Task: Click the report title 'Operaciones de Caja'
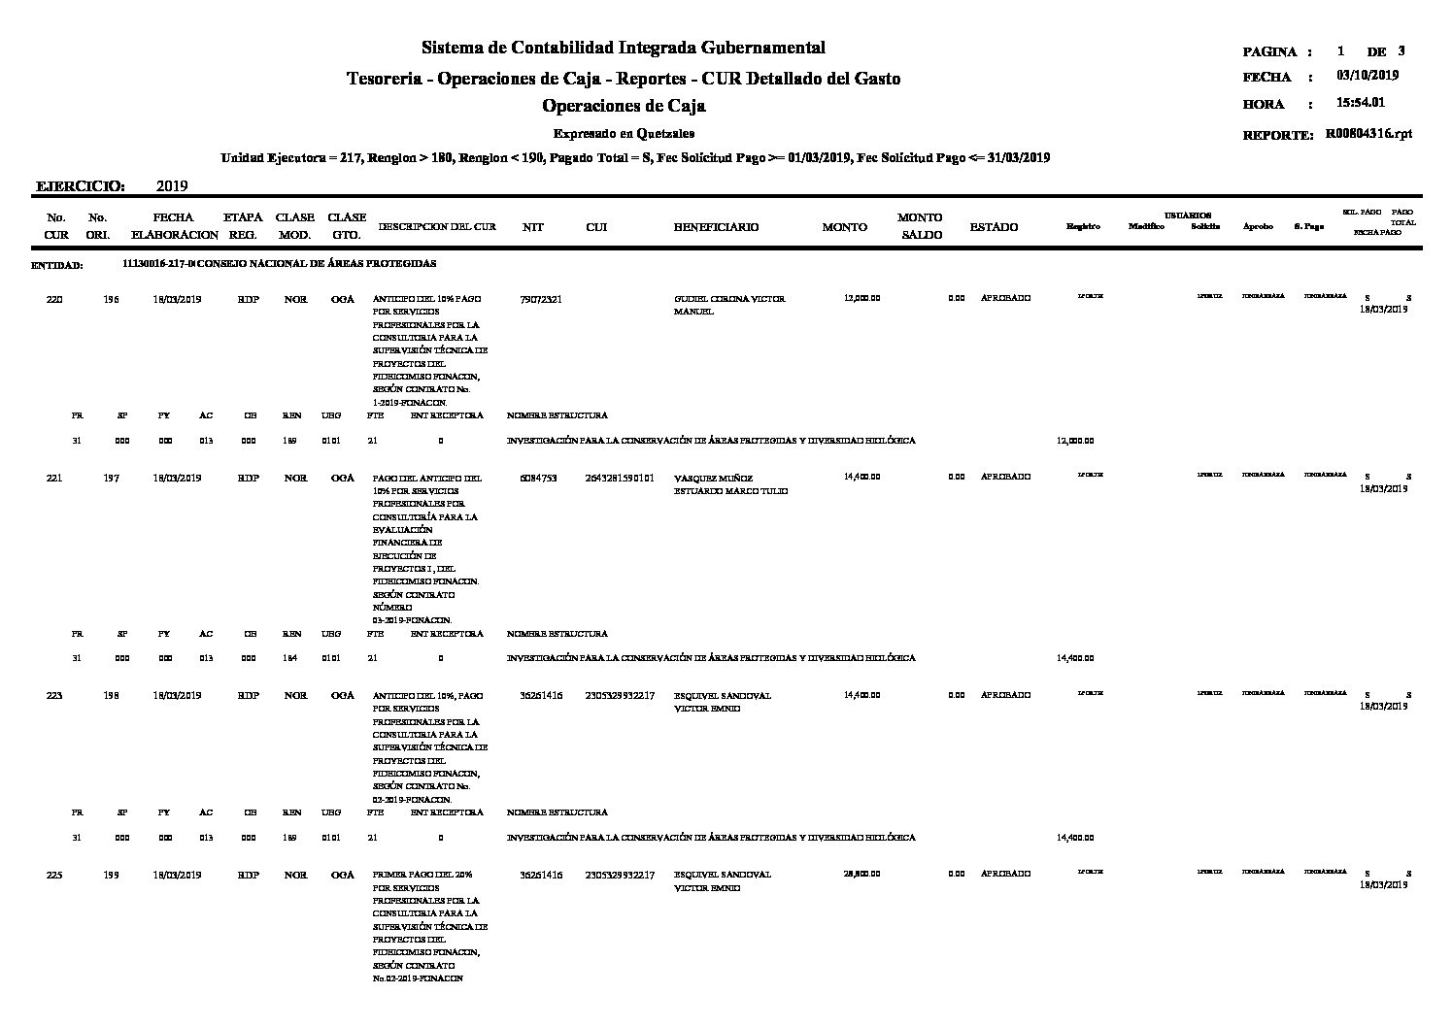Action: (x=624, y=106)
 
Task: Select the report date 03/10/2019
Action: (x=1368, y=76)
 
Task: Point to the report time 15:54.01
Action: (x=1361, y=103)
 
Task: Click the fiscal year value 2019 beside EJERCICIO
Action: (x=171, y=186)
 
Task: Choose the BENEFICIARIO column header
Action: (x=716, y=227)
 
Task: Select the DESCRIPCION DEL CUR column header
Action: (x=437, y=227)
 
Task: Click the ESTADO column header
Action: (x=994, y=227)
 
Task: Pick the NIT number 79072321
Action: (x=540, y=299)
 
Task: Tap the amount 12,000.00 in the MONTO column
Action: (x=862, y=299)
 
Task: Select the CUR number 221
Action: (x=55, y=478)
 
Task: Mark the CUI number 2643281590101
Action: (x=620, y=478)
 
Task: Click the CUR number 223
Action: (x=55, y=696)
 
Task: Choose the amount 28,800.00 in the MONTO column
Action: (x=862, y=875)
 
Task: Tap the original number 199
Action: (x=111, y=875)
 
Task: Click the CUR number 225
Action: (x=55, y=875)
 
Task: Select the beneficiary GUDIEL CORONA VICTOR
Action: (x=728, y=299)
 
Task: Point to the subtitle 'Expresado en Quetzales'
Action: (x=624, y=134)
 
